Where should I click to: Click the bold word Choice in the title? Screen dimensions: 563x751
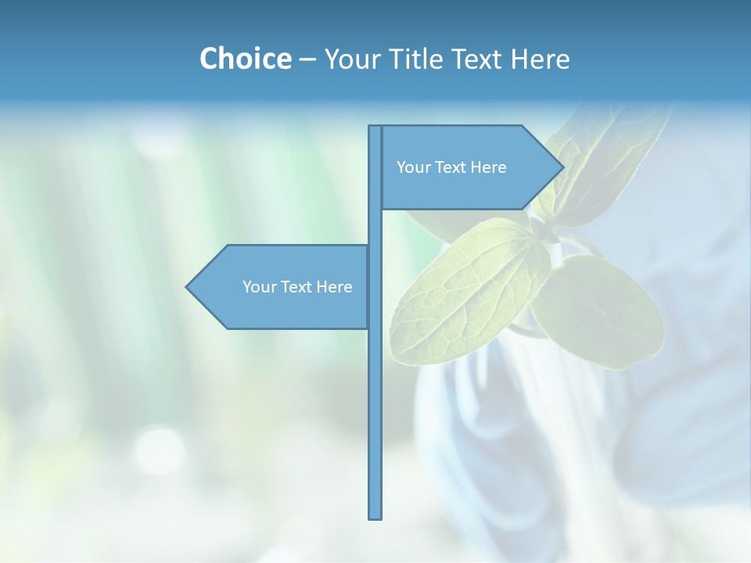[x=245, y=59]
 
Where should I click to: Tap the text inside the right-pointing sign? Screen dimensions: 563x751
[x=451, y=167]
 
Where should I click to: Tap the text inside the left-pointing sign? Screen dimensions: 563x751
[x=297, y=287]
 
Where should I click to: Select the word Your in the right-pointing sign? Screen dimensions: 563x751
[x=412, y=167]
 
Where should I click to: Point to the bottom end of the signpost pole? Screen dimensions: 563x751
[x=375, y=516]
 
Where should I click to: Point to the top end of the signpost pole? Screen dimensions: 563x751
[x=375, y=128]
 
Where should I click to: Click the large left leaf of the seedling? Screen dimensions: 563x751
[x=462, y=297]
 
